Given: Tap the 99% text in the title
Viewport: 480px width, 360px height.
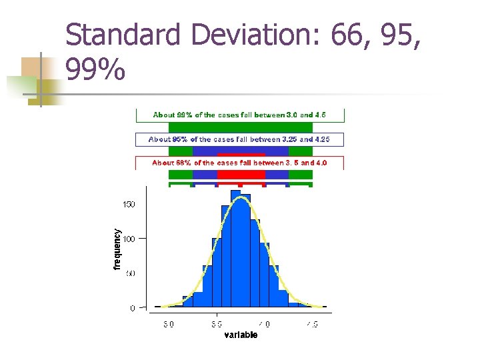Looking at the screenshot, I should point(95,69).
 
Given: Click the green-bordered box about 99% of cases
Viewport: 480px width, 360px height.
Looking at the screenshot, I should point(240,115).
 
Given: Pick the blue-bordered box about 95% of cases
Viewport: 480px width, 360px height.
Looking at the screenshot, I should point(240,139).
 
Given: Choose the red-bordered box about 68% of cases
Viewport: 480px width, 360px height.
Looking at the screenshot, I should point(240,163).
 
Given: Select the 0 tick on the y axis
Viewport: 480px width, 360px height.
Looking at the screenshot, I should point(132,308).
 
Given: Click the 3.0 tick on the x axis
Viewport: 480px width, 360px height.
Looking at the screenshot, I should point(169,325).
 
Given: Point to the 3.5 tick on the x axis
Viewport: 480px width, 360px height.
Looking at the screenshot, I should point(217,325).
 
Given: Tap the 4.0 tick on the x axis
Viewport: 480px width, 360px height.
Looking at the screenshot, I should point(265,325).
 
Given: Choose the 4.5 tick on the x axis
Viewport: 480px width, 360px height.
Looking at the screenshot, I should point(312,325).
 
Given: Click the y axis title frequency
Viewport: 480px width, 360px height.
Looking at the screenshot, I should point(117,249).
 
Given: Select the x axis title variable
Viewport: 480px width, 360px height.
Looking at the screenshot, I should point(240,335).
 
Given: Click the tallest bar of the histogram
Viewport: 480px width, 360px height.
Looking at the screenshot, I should point(235,250).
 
